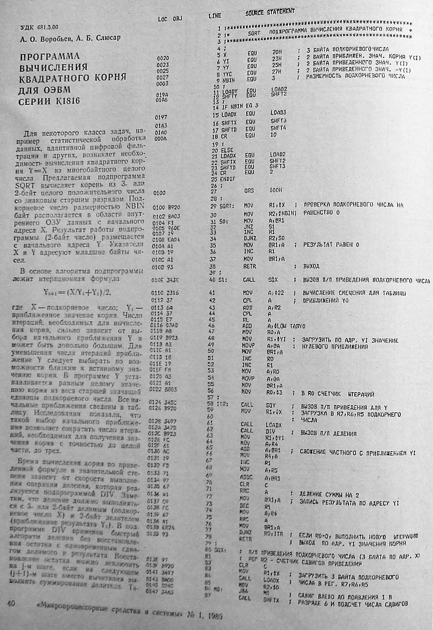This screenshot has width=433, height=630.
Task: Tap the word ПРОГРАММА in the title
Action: (49, 57)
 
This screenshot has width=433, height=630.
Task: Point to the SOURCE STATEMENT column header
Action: (270, 12)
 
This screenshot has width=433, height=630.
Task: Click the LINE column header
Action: (215, 16)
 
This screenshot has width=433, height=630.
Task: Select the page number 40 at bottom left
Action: (11, 614)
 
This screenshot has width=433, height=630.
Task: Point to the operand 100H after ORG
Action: (275, 191)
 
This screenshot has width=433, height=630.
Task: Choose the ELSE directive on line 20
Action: (222, 150)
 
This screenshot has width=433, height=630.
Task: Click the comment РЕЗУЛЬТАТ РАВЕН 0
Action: (331, 245)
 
